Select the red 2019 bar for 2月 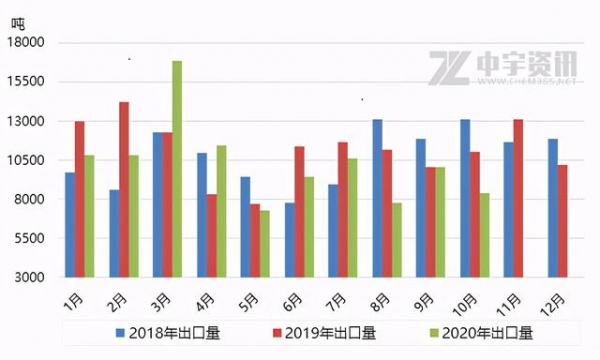124,189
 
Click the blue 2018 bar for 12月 552,207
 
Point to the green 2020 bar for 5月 265,243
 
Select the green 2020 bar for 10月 485,235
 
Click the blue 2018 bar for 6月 290,239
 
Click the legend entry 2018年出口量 166,333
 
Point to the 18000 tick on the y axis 28,43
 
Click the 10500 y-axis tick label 28,160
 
